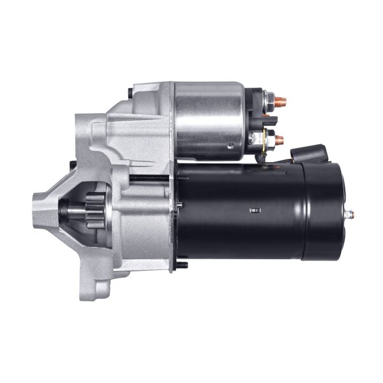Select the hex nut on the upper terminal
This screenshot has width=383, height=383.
270,100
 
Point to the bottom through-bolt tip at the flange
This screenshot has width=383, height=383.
183,264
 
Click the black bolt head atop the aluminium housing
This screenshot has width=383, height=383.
130,93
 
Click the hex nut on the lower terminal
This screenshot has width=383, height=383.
270,137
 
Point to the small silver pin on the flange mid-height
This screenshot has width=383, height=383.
179,204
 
